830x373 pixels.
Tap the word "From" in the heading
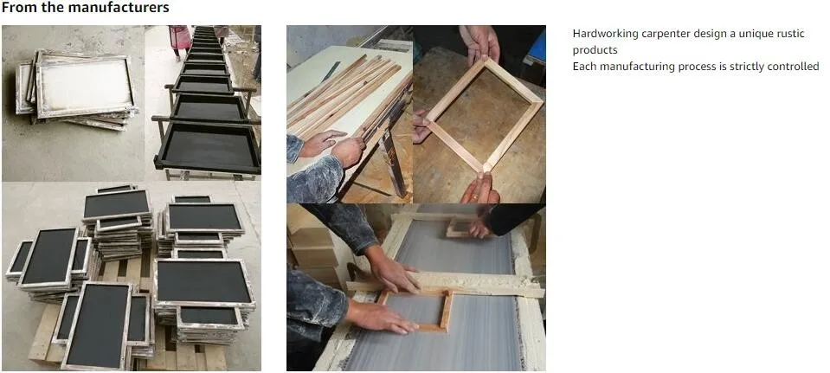pyautogui.click(x=17, y=8)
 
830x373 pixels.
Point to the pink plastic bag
pyautogui.click(x=180, y=37)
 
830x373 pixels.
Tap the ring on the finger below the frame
pyautogui.click(x=475, y=196)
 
